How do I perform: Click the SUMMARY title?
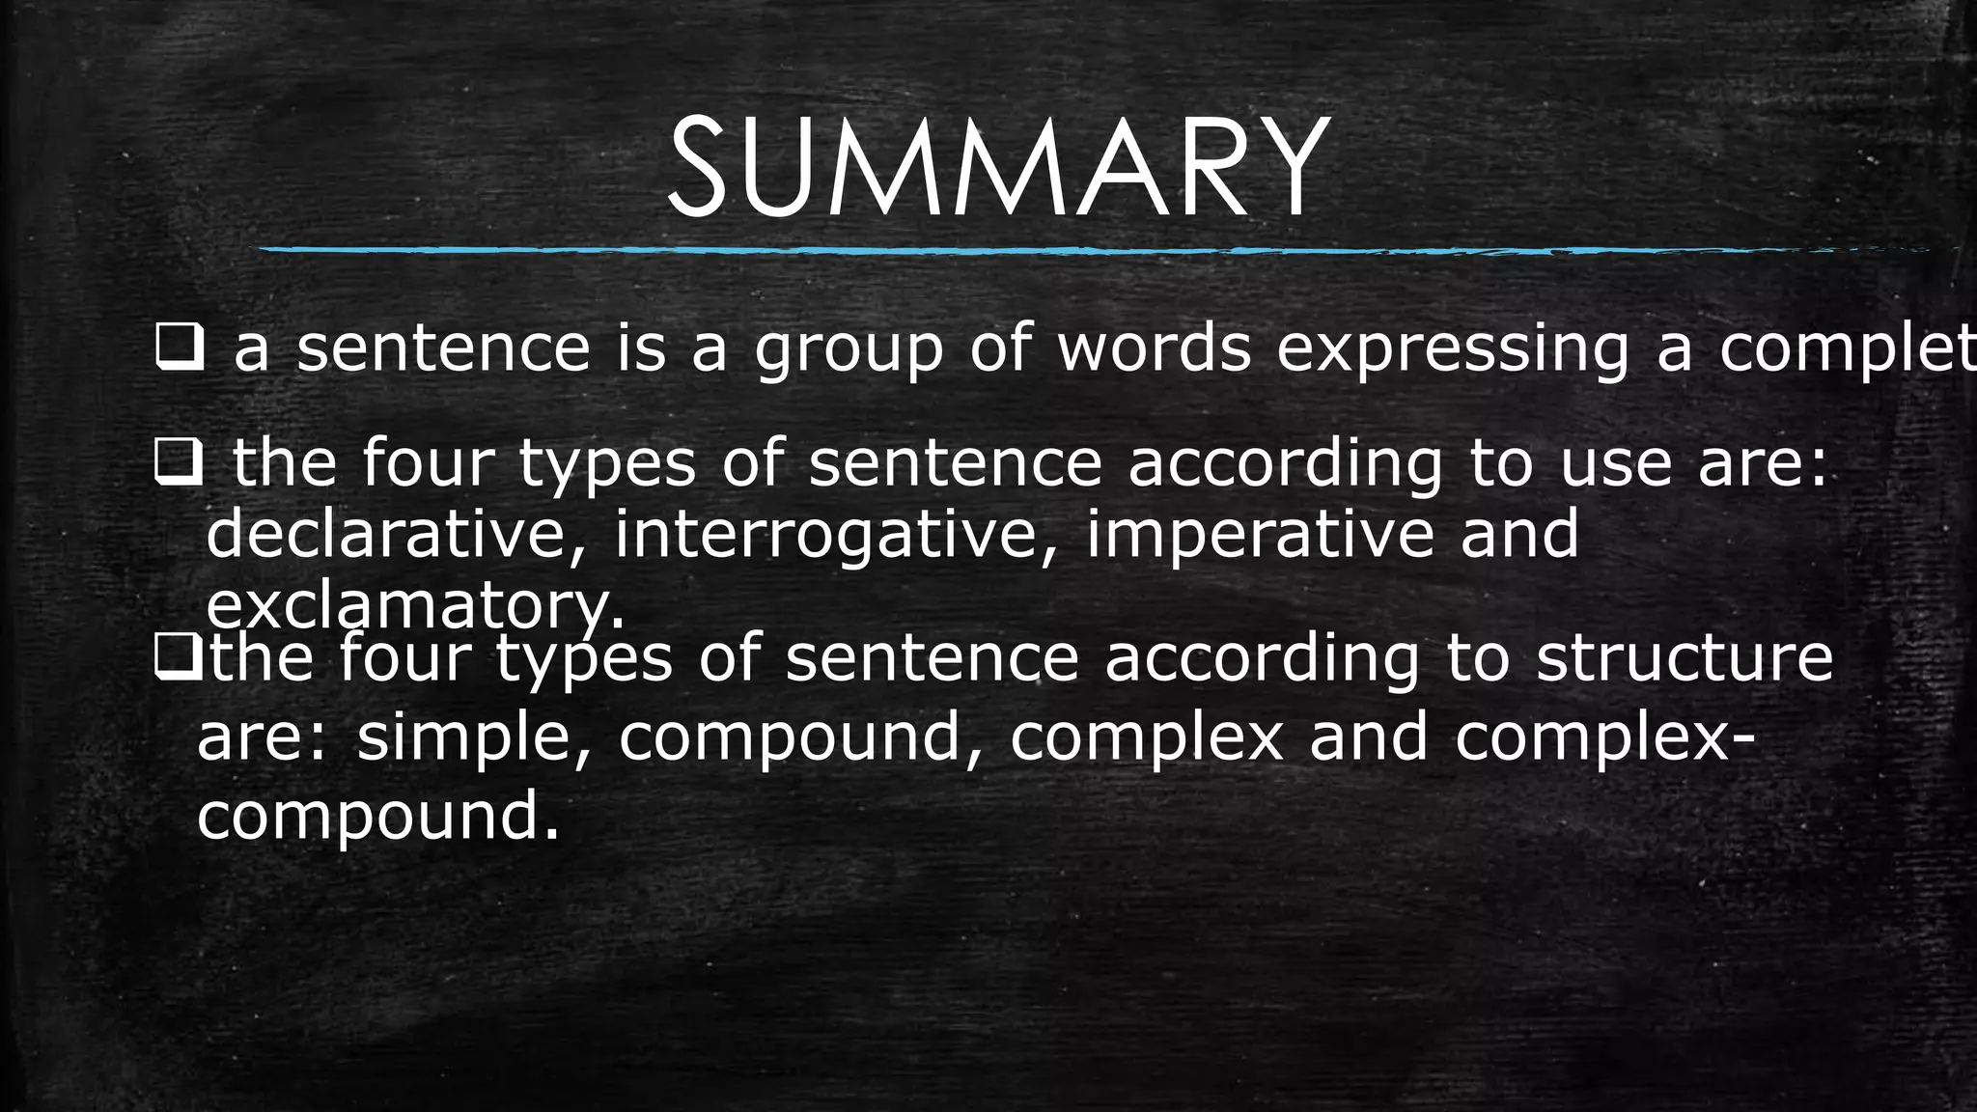(998, 170)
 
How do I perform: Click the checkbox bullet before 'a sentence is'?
(179, 350)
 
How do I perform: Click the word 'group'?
(849, 350)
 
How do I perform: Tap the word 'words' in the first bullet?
(1155, 348)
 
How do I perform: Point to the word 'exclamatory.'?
(416, 607)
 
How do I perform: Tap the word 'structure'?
(1685, 658)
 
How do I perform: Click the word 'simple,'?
(473, 738)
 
